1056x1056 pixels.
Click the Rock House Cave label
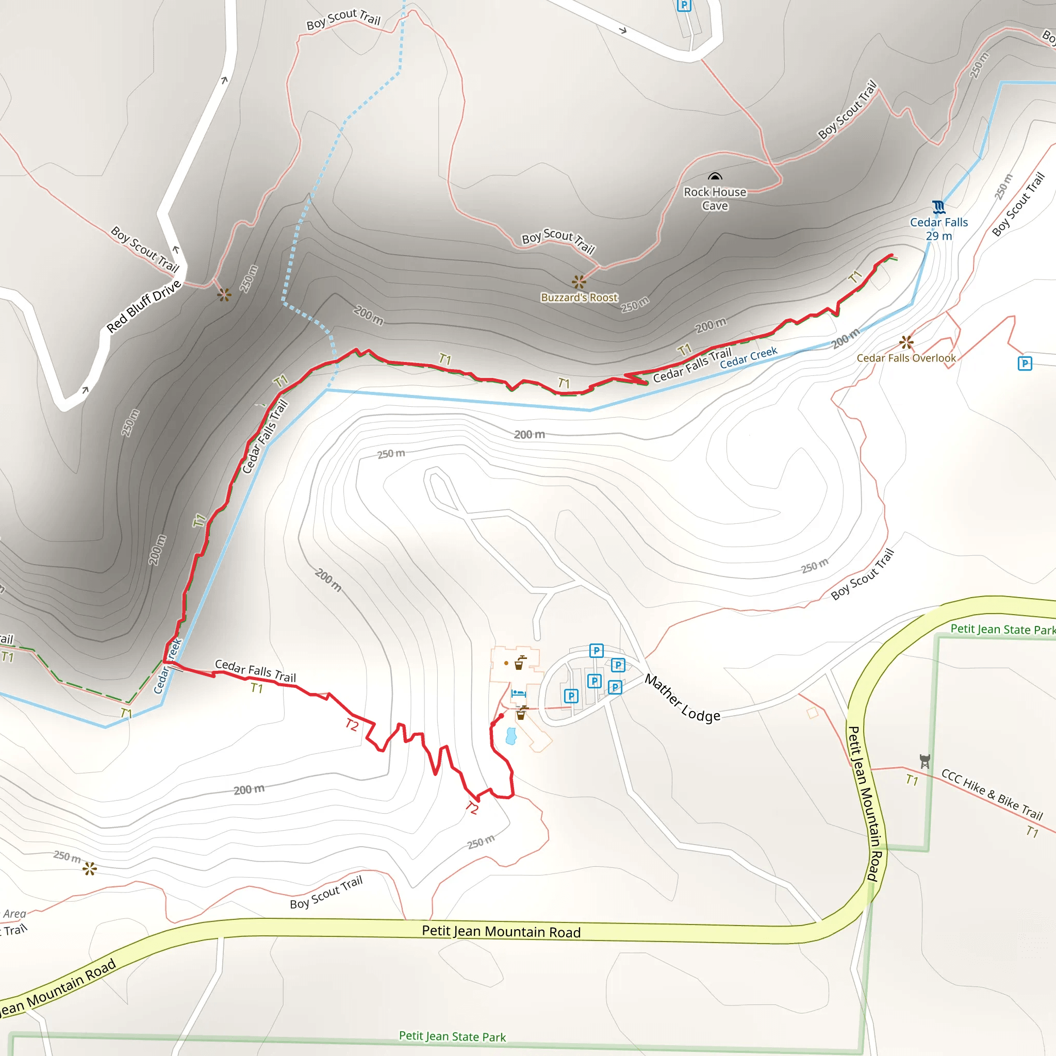click(715, 199)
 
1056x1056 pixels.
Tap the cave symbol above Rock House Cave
click(715, 176)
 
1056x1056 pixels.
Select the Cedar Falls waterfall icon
click(938, 207)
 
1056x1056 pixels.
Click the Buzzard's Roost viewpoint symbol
click(579, 282)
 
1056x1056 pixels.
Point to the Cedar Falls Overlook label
click(905, 358)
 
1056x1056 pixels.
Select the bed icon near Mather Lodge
click(518, 694)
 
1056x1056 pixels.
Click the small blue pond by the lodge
click(511, 736)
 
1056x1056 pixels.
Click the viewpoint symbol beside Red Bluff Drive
click(224, 295)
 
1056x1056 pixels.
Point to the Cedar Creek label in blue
click(748, 357)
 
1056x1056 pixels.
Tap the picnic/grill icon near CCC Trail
click(925, 761)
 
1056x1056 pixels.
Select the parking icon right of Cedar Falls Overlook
click(1025, 364)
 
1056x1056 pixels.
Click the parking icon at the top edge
click(684, 5)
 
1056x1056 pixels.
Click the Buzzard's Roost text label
click(579, 298)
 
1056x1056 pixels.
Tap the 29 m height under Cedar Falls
click(938, 236)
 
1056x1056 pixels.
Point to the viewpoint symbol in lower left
click(90, 868)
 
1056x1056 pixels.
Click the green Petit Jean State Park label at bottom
click(452, 1036)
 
